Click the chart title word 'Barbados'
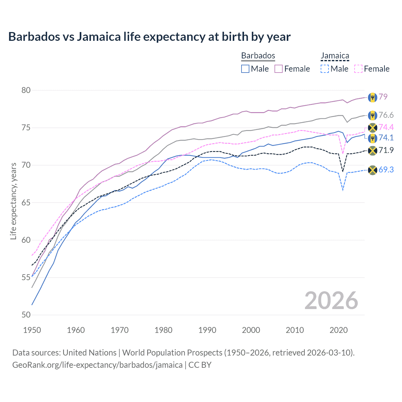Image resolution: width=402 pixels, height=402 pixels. (34, 37)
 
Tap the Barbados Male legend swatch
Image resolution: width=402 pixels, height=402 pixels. (245, 69)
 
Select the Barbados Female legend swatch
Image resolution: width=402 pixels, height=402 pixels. (279, 69)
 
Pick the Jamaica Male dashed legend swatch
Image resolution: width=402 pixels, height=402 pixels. (325, 69)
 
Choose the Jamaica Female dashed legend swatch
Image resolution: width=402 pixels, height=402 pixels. (358, 69)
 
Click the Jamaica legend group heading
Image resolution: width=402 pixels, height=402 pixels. (335, 56)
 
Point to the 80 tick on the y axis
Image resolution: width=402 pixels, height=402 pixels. (26, 90)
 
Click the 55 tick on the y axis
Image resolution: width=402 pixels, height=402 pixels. (26, 278)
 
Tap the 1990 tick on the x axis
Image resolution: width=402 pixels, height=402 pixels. (207, 330)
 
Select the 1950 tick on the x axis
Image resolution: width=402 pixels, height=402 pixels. (32, 330)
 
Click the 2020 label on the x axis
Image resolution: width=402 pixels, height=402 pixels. (339, 330)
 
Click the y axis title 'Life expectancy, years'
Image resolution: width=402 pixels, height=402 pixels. (14, 201)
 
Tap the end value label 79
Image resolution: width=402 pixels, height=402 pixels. (383, 97)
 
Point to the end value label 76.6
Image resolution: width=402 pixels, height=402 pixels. (386, 115)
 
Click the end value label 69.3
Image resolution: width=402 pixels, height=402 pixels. (386, 170)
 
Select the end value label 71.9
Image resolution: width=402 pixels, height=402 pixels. (386, 150)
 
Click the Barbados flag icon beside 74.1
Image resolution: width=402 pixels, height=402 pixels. (372, 138)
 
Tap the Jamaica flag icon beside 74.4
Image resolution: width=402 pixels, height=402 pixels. (372, 128)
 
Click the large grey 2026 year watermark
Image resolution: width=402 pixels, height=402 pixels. (331, 301)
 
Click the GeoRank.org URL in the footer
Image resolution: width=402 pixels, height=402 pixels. (97, 365)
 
